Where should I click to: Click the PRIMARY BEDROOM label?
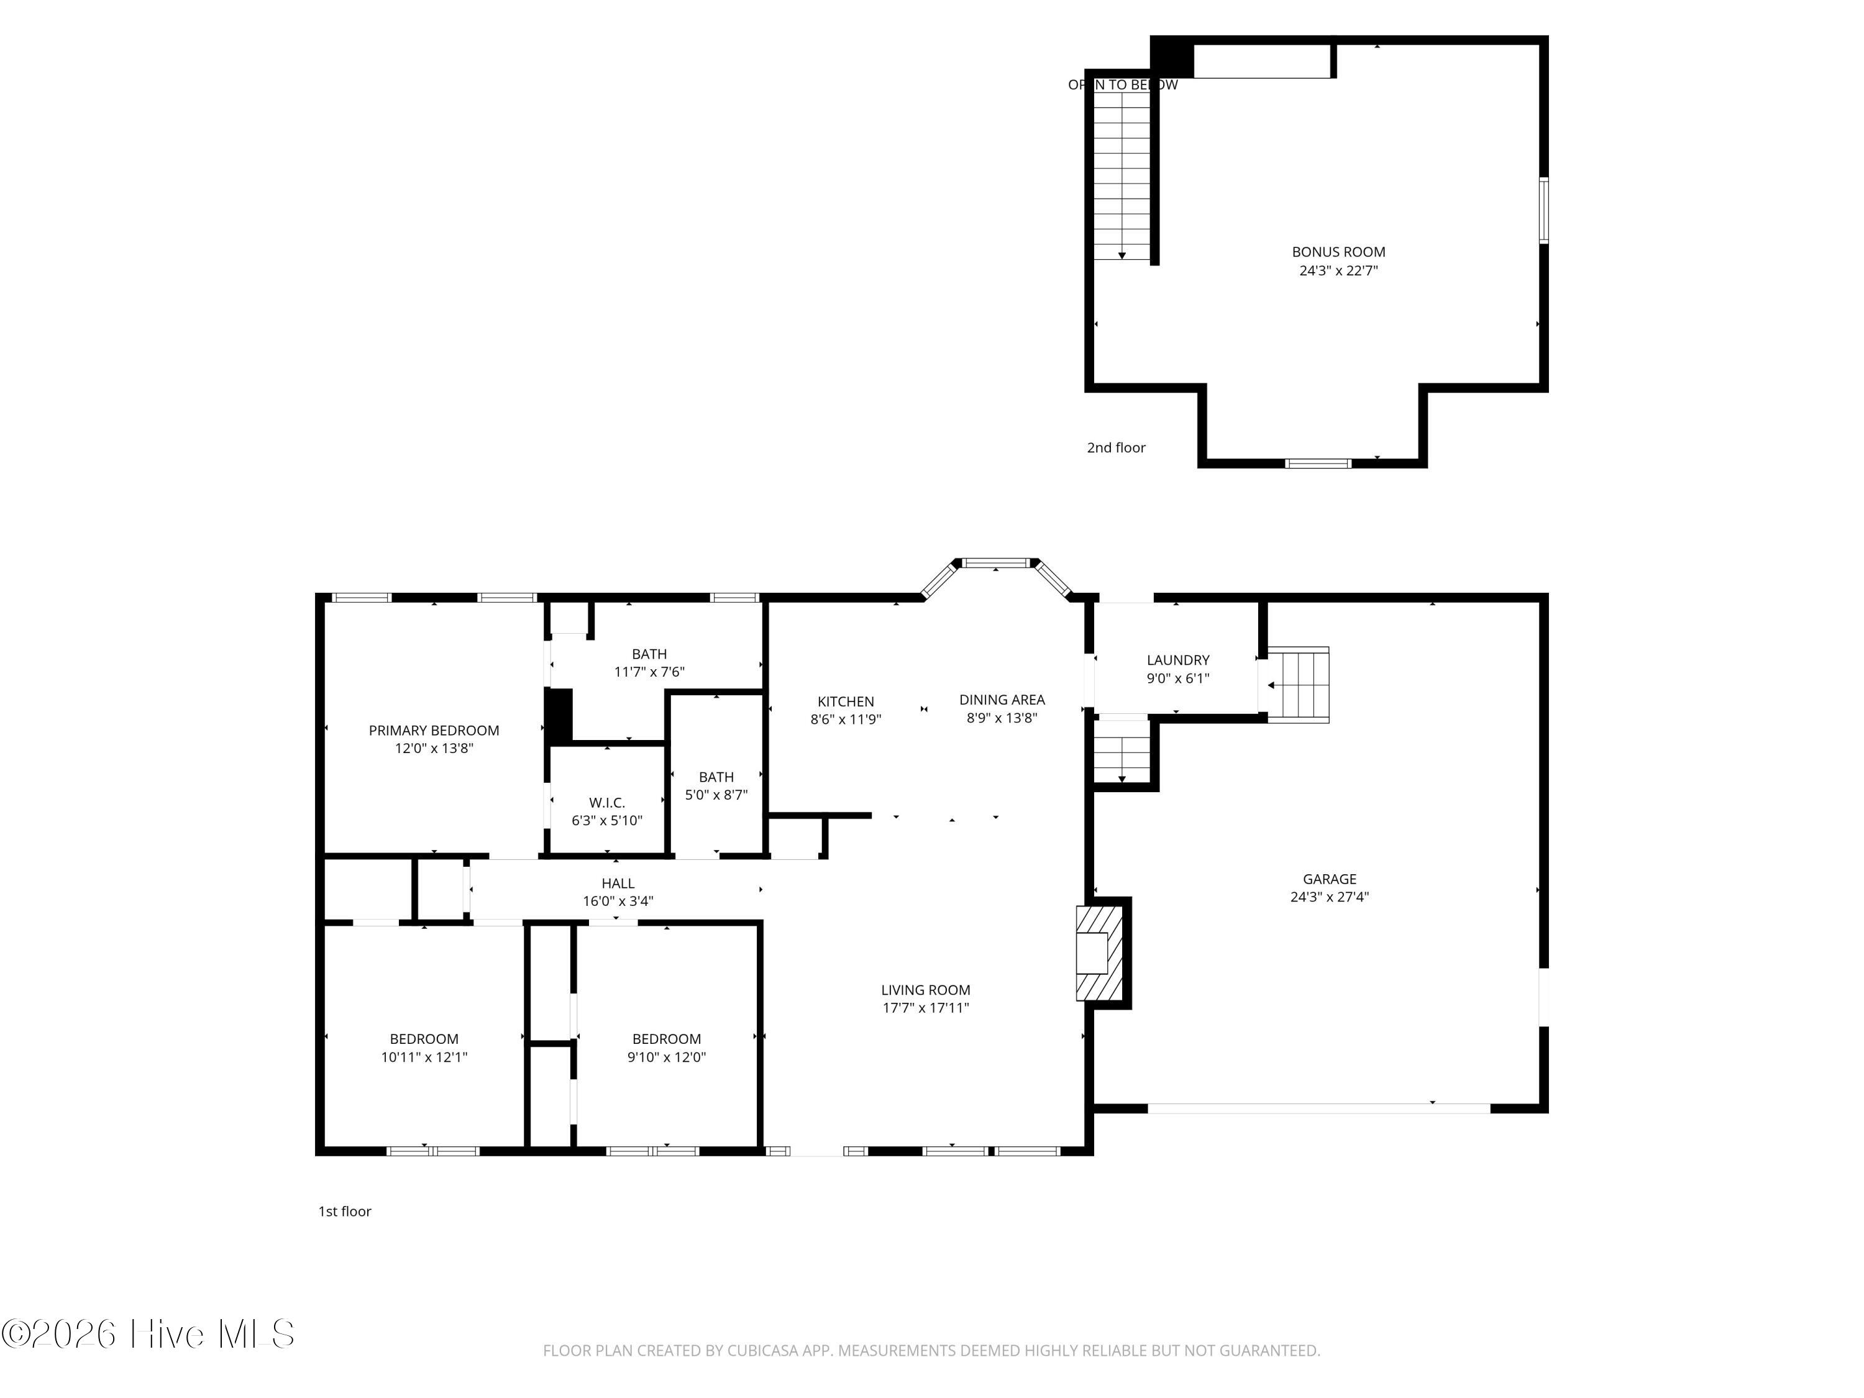(x=434, y=730)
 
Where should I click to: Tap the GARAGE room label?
(x=1330, y=879)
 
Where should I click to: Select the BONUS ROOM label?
(x=1338, y=252)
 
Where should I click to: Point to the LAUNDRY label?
(x=1178, y=660)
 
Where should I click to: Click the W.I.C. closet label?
(x=606, y=803)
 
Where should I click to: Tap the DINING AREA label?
(x=1002, y=700)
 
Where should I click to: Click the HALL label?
(x=618, y=883)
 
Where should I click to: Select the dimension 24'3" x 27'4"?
(x=1330, y=897)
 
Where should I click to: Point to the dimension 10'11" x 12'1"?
(x=424, y=1058)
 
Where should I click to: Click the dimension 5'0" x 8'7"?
(x=716, y=795)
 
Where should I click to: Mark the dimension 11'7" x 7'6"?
(x=650, y=672)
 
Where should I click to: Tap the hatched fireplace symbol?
(x=1100, y=953)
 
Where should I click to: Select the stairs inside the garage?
(x=1299, y=684)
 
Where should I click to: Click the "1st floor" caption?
(x=345, y=1211)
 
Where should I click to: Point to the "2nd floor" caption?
(x=1117, y=447)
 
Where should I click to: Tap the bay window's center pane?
(x=996, y=562)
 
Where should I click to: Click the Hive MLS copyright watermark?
(x=148, y=1334)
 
